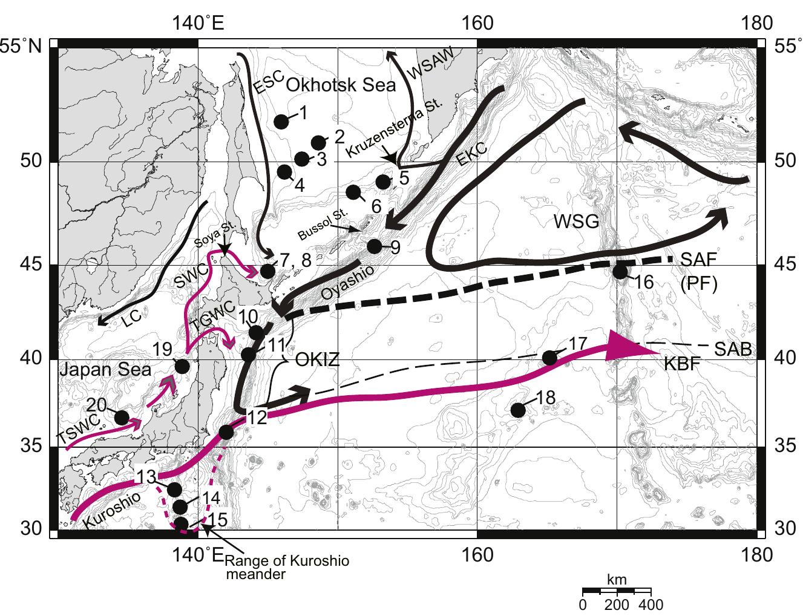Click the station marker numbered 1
[x=281, y=122]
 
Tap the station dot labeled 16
[x=620, y=272]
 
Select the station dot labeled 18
[x=518, y=410]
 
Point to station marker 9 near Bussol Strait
[x=375, y=246]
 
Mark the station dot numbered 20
[x=122, y=417]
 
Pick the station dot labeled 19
[x=182, y=366]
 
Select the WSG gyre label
[x=576, y=222]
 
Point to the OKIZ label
[x=317, y=361]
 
